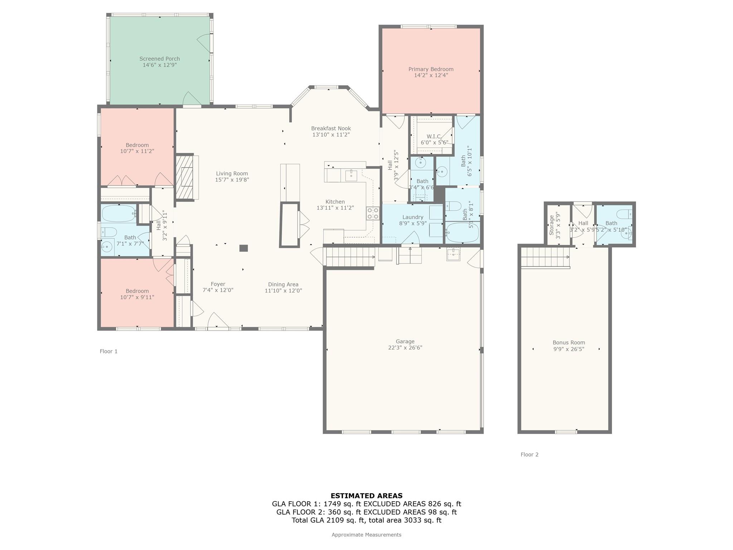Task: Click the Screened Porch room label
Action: (x=160, y=59)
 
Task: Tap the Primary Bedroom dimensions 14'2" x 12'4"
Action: (x=431, y=76)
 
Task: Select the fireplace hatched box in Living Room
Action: (x=184, y=177)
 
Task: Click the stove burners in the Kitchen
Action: (x=373, y=213)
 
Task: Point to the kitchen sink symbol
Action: (x=351, y=176)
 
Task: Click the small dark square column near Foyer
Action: (x=243, y=248)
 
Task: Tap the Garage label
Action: (x=405, y=341)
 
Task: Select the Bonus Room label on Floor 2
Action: (x=569, y=342)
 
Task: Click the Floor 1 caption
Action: (x=108, y=351)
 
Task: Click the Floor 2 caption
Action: (x=529, y=454)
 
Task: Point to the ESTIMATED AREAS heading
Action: (x=366, y=496)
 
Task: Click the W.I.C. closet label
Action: (x=433, y=136)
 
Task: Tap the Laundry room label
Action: (x=413, y=217)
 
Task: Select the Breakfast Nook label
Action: (x=331, y=128)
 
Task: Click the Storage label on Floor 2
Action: (x=552, y=225)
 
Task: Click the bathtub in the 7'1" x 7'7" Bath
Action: (x=118, y=214)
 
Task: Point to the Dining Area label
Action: (x=283, y=284)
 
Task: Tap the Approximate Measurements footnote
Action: (x=366, y=535)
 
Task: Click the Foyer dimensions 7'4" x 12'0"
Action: (x=218, y=290)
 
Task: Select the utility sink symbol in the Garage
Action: (x=453, y=254)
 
